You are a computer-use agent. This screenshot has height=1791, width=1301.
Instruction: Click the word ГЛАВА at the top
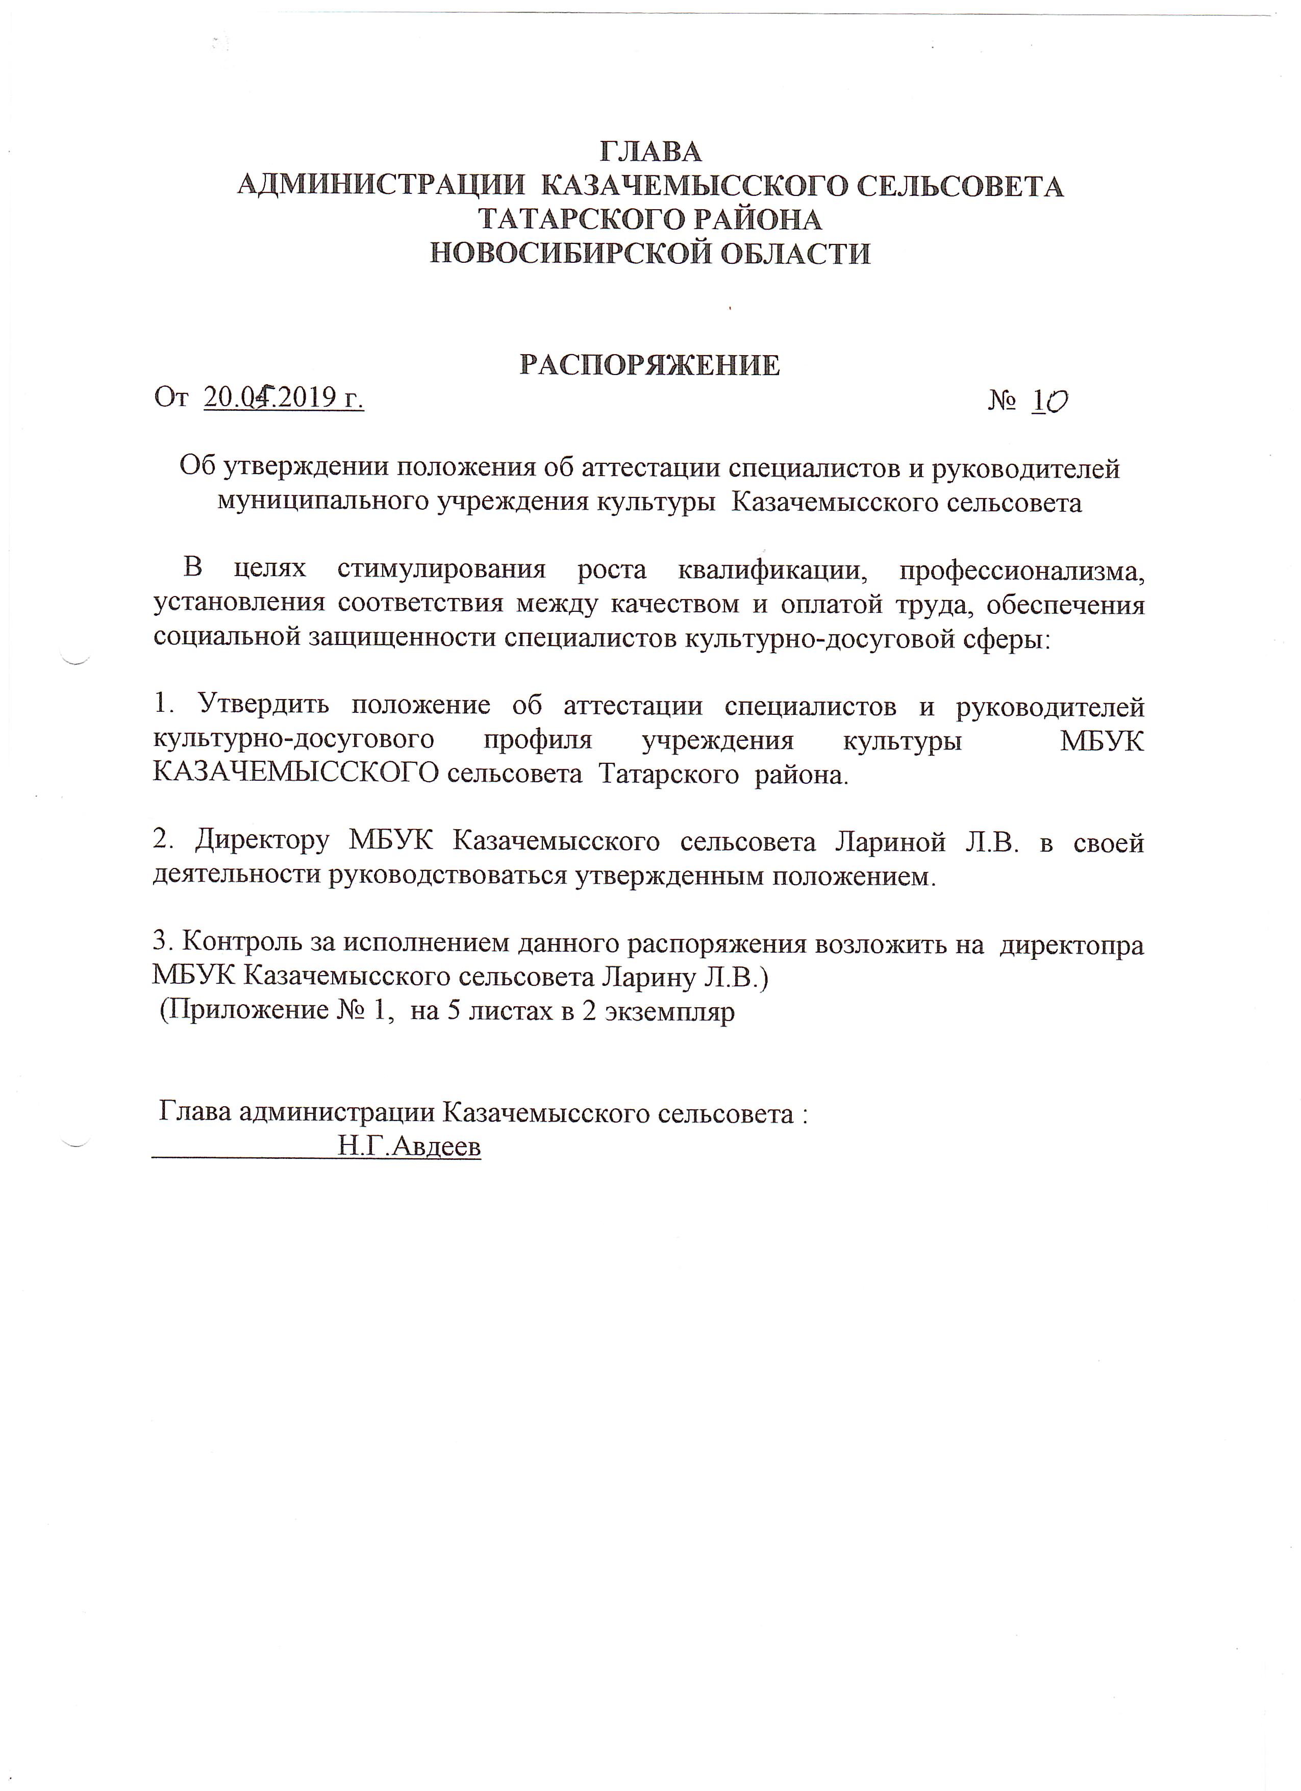click(651, 151)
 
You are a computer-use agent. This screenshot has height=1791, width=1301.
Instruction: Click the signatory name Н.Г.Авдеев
click(409, 1147)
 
